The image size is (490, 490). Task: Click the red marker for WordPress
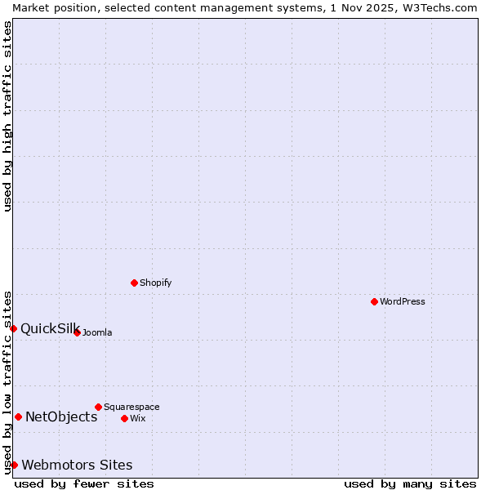[x=374, y=302]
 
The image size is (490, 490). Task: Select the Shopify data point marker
[x=134, y=283]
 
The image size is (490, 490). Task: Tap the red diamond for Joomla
[x=77, y=332]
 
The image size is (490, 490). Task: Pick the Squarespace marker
[x=98, y=407]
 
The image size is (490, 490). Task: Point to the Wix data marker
[x=124, y=418]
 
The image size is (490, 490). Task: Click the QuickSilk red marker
[x=14, y=328]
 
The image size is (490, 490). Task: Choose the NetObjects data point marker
[x=18, y=416]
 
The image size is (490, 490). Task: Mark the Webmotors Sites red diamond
[x=14, y=465]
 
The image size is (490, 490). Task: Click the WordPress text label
[x=403, y=302]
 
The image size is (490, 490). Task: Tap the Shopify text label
[x=155, y=283]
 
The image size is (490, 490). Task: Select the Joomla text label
[x=97, y=332]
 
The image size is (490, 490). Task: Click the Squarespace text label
[x=131, y=407]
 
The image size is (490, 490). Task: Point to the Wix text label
[x=137, y=418]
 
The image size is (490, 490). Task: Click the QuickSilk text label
[x=49, y=328]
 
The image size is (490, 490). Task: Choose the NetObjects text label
[x=61, y=416]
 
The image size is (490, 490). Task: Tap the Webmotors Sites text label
[x=77, y=465]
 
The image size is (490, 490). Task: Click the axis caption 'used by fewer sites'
[x=84, y=483]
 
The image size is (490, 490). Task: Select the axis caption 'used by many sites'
[x=410, y=483]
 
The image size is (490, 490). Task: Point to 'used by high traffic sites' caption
[x=7, y=116]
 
